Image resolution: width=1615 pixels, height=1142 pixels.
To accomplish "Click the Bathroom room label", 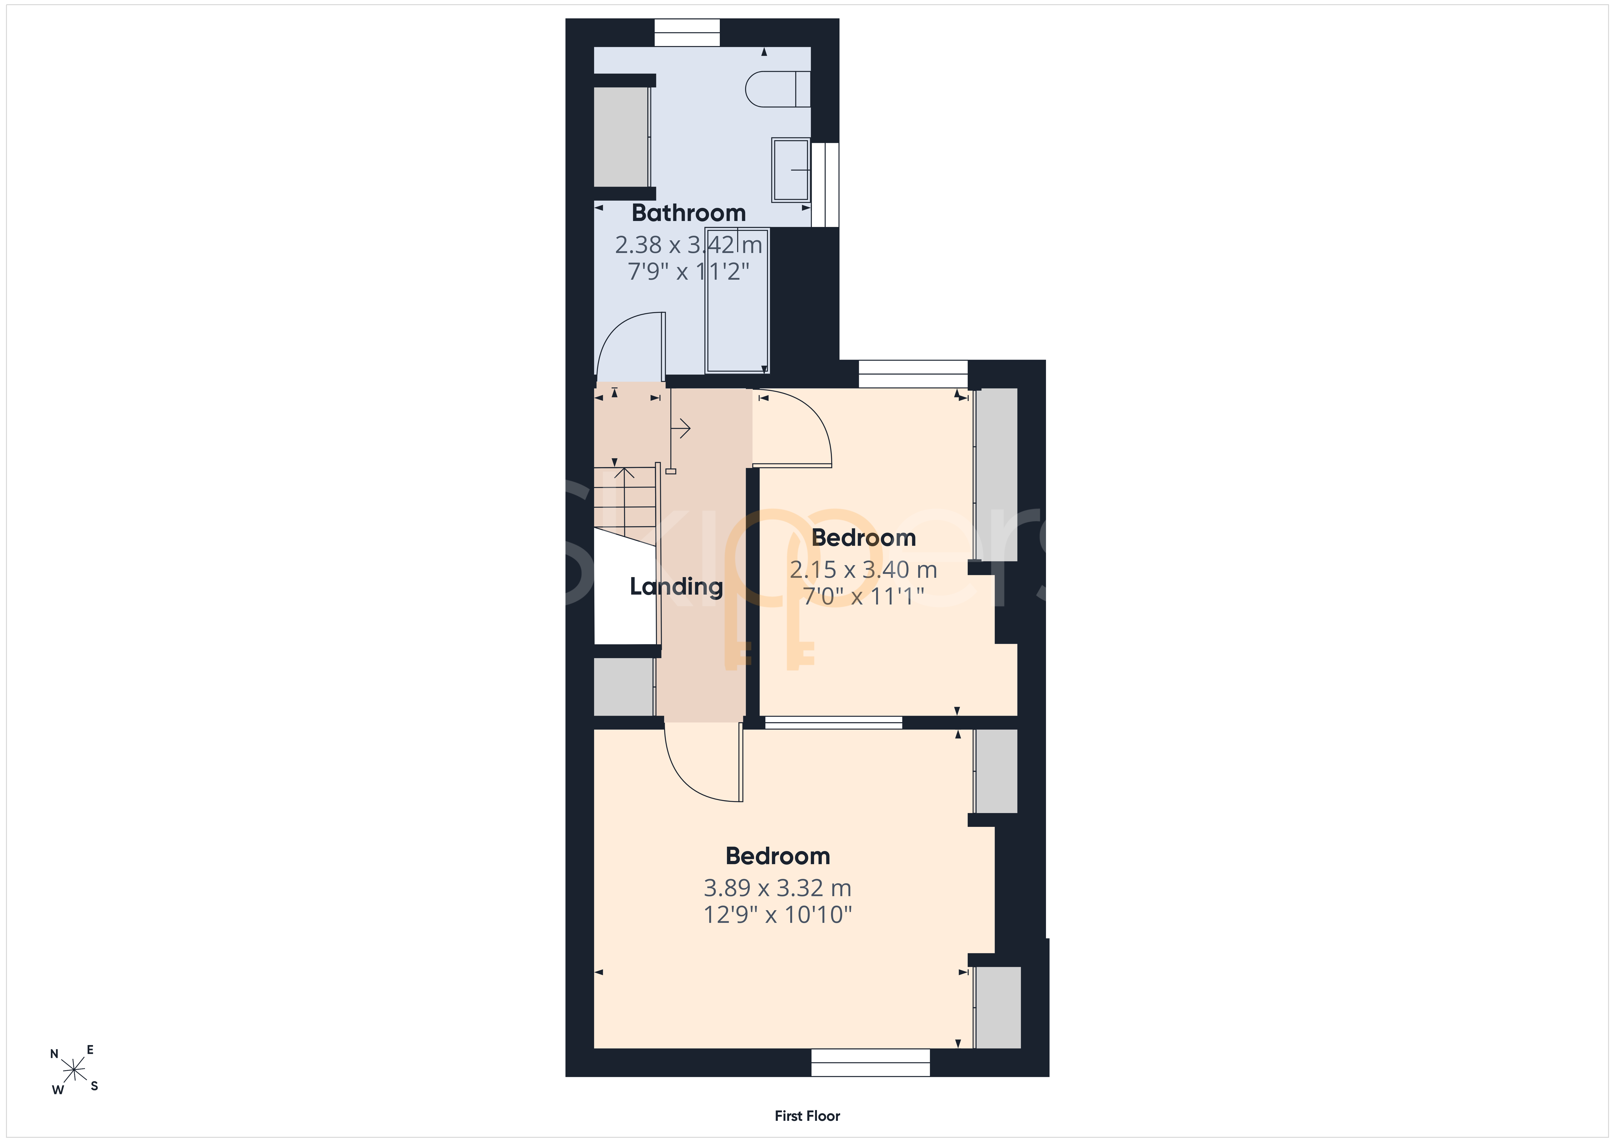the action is point(689,212).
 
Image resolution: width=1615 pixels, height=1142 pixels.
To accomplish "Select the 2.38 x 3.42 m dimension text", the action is point(689,245).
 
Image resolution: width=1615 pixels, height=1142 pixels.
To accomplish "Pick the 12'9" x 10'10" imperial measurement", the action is point(778,915).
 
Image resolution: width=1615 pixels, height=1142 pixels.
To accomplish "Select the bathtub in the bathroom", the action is point(737,300).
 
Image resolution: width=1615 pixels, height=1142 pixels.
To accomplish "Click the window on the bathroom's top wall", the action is point(687,32).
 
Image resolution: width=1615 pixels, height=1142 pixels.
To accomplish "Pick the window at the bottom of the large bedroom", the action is point(871,1063).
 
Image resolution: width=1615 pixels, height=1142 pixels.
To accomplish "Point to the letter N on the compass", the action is point(54,1054).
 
